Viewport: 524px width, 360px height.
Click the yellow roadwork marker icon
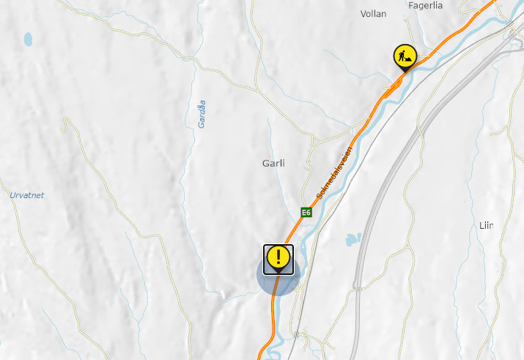(405, 56)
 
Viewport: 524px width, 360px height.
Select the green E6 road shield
(306, 213)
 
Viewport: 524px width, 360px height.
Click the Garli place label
(273, 164)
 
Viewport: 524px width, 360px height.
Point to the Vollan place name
(373, 13)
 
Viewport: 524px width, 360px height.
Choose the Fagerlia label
(427, 5)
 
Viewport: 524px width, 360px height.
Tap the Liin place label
(487, 225)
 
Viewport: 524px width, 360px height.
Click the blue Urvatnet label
(27, 195)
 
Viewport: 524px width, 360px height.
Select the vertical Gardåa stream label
(202, 114)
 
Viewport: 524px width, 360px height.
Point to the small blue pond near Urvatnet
(28, 38)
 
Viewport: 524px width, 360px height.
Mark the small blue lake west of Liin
(353, 239)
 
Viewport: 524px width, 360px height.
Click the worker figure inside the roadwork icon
(404, 55)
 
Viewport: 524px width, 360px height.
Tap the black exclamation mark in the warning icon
(278, 257)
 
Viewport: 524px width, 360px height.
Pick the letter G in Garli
(265, 164)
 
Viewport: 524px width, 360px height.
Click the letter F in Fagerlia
(411, 5)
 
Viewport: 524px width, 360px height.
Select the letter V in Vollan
(364, 13)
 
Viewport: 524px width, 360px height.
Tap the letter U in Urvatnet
(12, 195)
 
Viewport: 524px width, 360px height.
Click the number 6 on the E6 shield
(309, 213)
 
